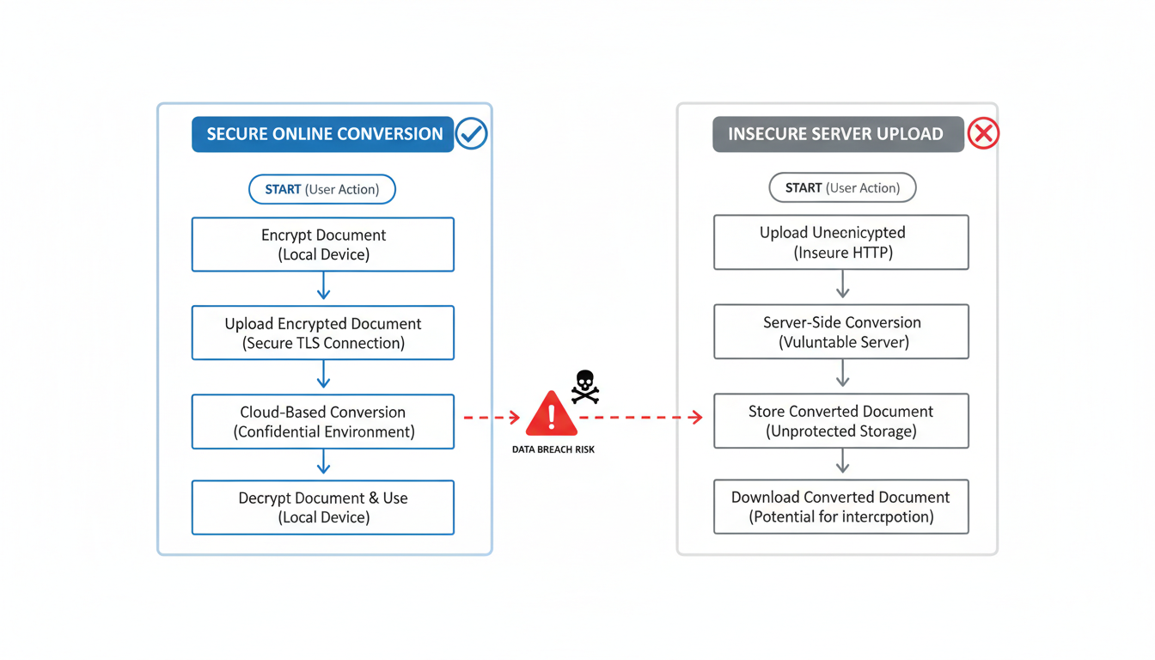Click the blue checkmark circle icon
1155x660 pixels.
[x=471, y=134]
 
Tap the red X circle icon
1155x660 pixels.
[x=983, y=134]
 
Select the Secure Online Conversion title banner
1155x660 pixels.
[x=322, y=134]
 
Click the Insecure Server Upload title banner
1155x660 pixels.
[x=837, y=134]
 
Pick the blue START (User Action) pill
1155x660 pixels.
[x=322, y=189]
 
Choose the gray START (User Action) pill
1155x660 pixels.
[x=842, y=187]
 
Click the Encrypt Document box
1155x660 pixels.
[x=322, y=245]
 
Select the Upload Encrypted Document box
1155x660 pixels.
[x=322, y=333]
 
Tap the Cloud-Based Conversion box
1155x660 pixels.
[x=322, y=422]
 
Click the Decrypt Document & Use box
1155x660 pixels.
[x=322, y=508]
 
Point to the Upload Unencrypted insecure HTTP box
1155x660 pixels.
[x=841, y=242]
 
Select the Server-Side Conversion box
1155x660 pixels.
[x=841, y=331]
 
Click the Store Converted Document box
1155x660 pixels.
[x=841, y=421]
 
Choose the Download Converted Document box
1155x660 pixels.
[x=841, y=507]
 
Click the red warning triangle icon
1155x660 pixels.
[x=551, y=414]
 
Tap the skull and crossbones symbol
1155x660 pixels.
[x=584, y=386]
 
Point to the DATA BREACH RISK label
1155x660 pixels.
[x=553, y=449]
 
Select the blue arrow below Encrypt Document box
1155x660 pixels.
[x=323, y=286]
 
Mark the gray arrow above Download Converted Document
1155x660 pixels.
[x=842, y=461]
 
